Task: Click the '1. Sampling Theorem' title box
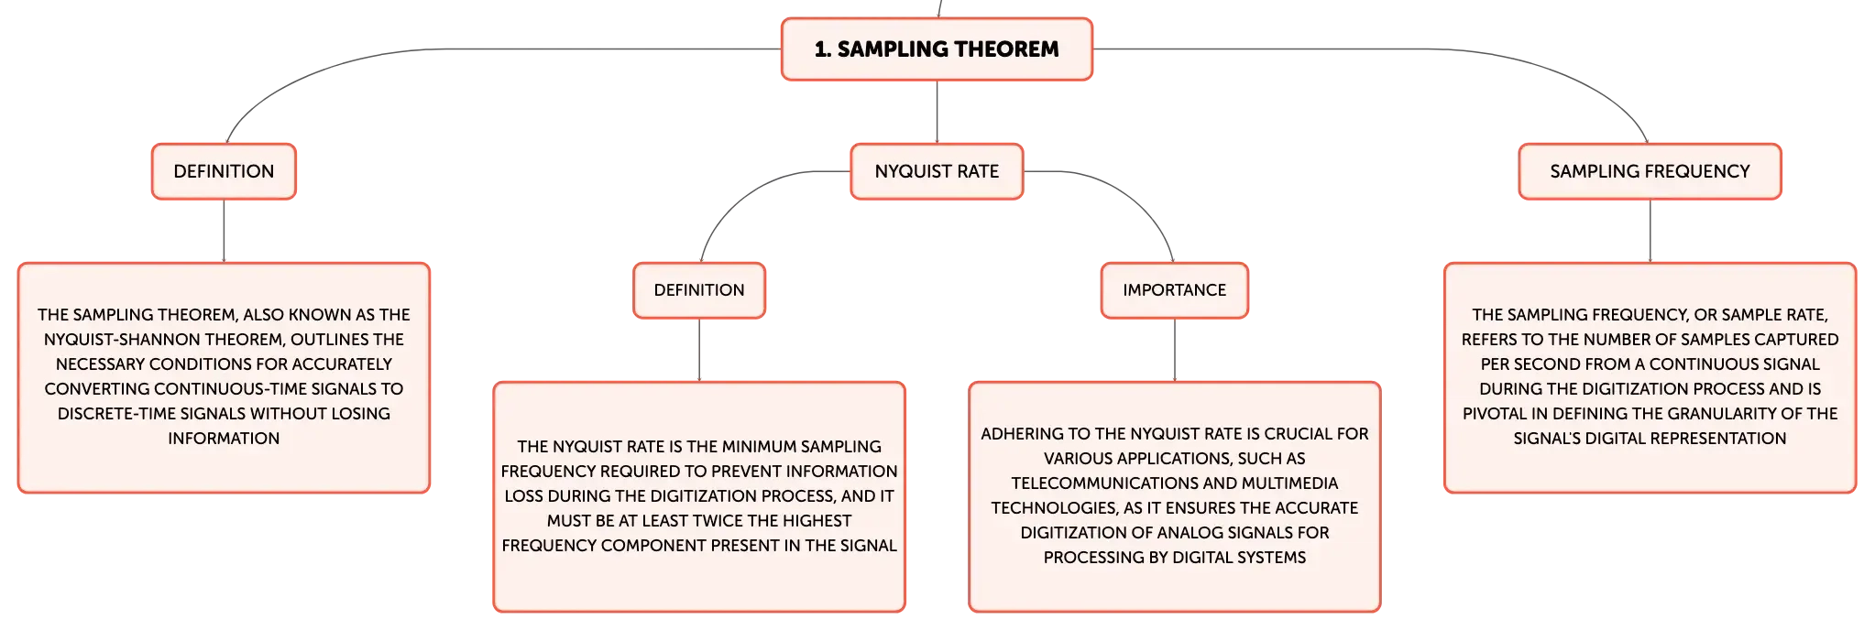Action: click(937, 49)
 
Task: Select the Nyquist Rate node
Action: click(937, 171)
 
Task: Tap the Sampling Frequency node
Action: click(1650, 171)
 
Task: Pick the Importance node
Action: click(1174, 290)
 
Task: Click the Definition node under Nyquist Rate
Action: click(699, 290)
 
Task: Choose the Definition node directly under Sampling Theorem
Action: click(224, 171)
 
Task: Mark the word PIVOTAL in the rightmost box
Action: click(1495, 414)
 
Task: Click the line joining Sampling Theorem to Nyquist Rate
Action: click(937, 112)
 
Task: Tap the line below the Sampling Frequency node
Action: click(1650, 231)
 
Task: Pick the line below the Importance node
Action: click(1174, 350)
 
